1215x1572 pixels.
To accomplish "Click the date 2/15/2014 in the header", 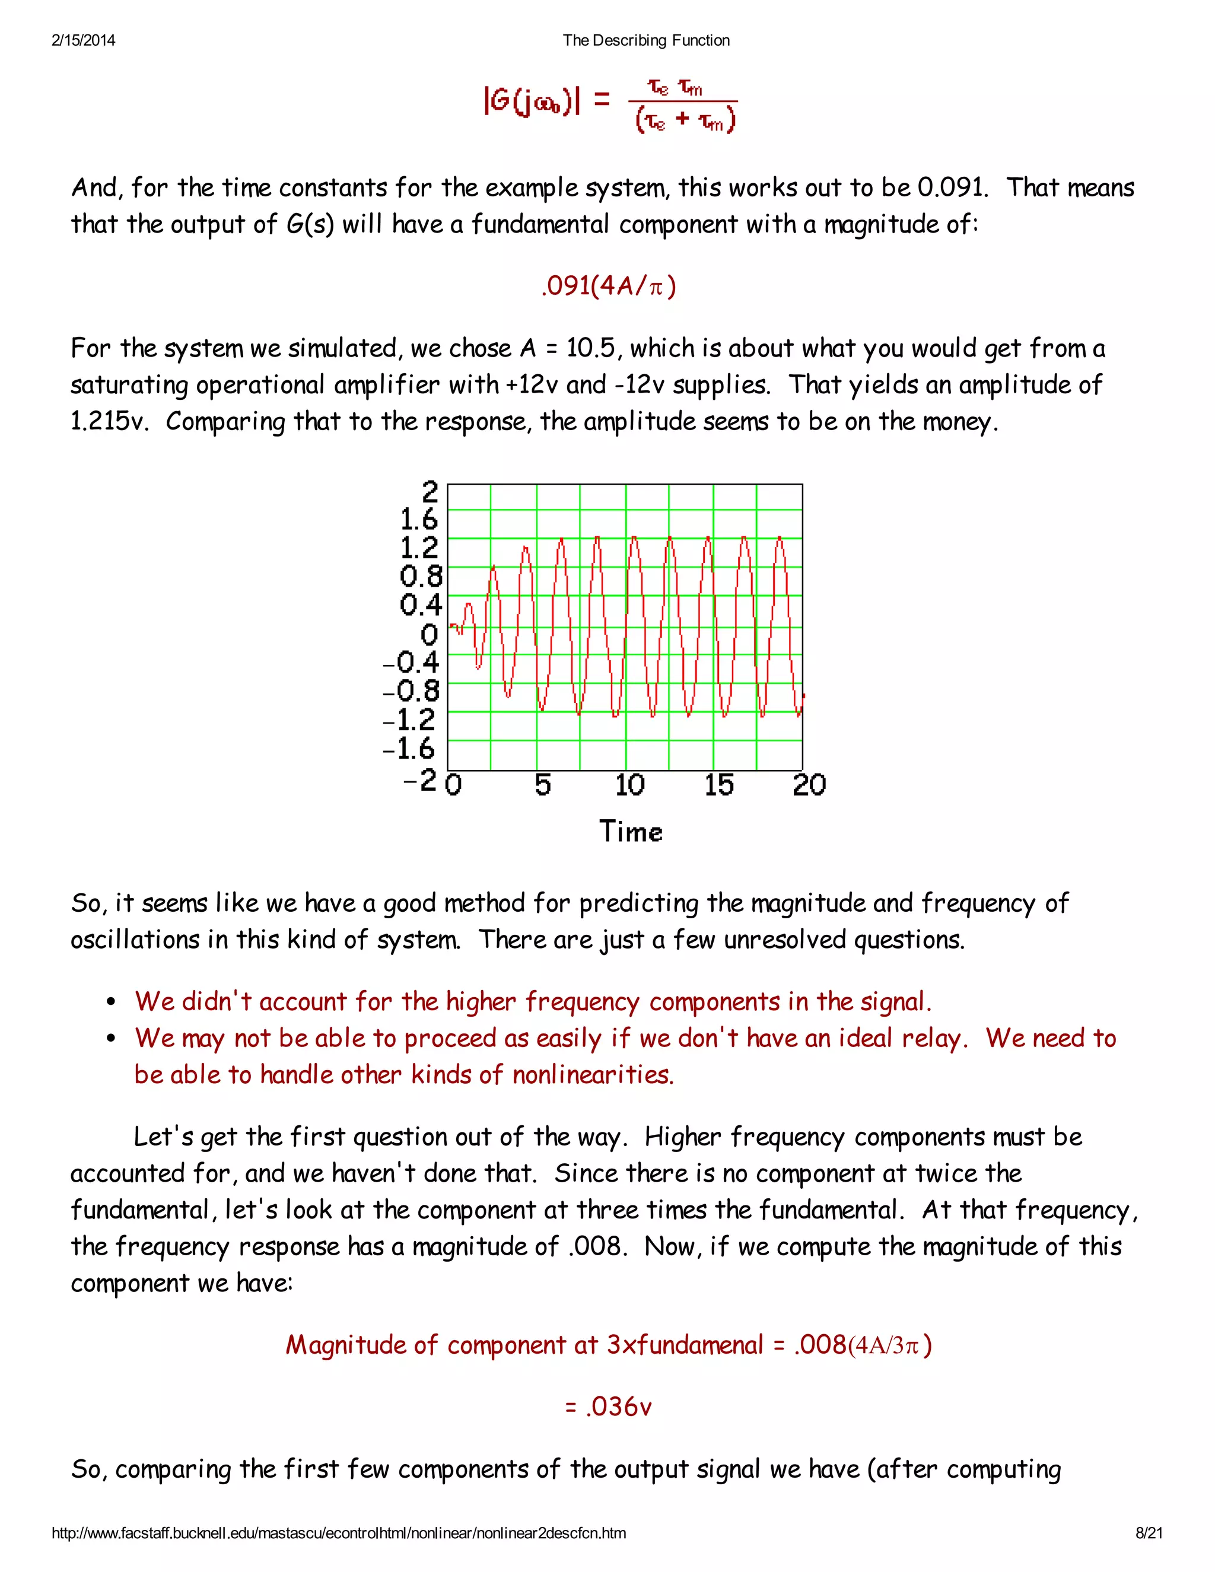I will point(84,40).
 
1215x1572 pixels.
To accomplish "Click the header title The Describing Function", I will point(645,40).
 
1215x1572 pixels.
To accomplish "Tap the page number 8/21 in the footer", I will point(1149,1533).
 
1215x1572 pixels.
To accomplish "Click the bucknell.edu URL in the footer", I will point(338,1533).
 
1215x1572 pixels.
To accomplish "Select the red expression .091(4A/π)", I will point(608,287).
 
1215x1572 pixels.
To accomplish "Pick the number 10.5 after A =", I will point(590,348).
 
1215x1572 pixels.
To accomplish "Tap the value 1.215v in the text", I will point(109,422).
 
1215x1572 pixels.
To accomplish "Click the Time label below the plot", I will point(631,831).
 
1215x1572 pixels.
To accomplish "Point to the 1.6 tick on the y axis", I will point(419,519).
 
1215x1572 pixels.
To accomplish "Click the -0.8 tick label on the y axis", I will point(411,692).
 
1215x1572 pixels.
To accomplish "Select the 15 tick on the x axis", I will point(719,785).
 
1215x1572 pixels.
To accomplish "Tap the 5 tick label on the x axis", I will point(543,785).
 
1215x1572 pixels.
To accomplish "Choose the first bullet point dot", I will point(111,1003).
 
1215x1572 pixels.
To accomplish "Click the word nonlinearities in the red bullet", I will point(593,1075).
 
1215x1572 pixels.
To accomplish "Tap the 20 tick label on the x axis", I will point(809,785).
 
